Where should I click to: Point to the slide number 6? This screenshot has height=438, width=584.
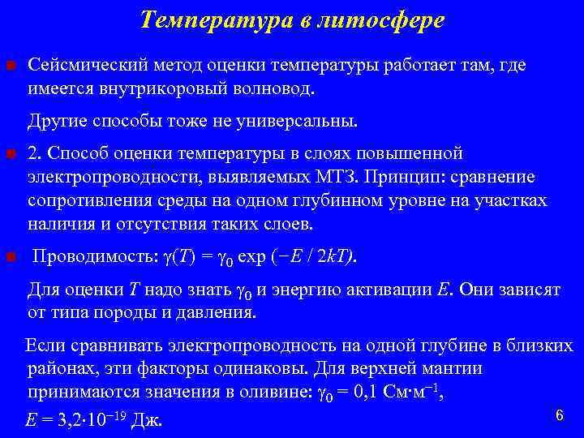559,415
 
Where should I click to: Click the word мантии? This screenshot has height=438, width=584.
453,370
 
